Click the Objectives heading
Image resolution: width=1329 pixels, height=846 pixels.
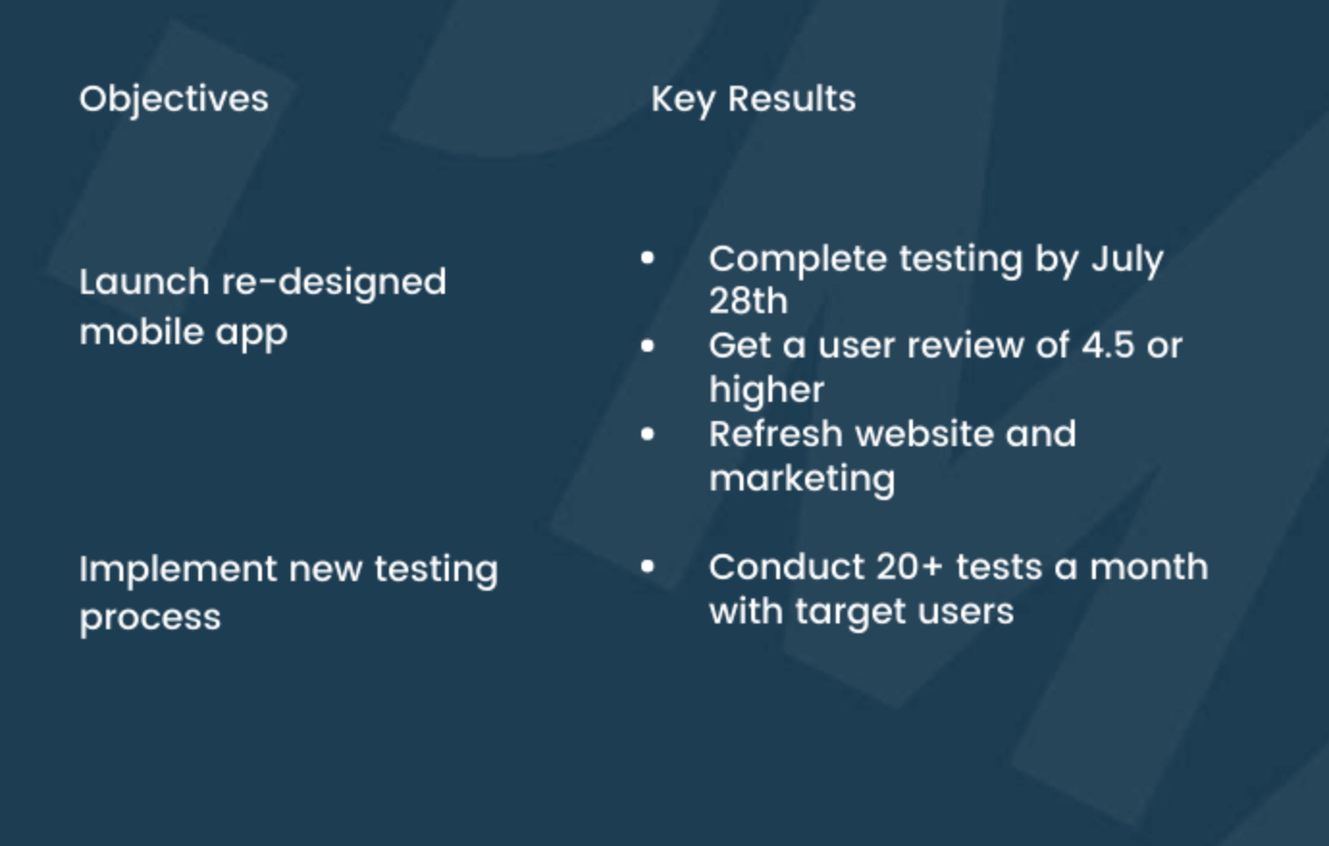tap(173, 99)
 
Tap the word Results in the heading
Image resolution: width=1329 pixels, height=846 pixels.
tap(791, 99)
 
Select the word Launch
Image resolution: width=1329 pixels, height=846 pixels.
tap(143, 282)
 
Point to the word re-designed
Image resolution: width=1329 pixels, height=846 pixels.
tap(334, 283)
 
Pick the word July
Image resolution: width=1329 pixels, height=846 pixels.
tap(1127, 259)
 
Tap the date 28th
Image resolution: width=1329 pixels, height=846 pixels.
tap(748, 302)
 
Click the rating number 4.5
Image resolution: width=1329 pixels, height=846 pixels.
tap(1107, 346)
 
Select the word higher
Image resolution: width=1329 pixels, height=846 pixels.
tap(767, 390)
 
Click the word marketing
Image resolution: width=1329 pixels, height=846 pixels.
tap(802, 479)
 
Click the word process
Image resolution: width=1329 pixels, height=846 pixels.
tap(150, 618)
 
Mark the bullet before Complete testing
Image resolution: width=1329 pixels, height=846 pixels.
tap(647, 257)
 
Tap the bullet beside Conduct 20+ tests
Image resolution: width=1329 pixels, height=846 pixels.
tap(647, 567)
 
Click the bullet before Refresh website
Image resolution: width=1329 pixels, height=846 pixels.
tap(647, 435)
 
